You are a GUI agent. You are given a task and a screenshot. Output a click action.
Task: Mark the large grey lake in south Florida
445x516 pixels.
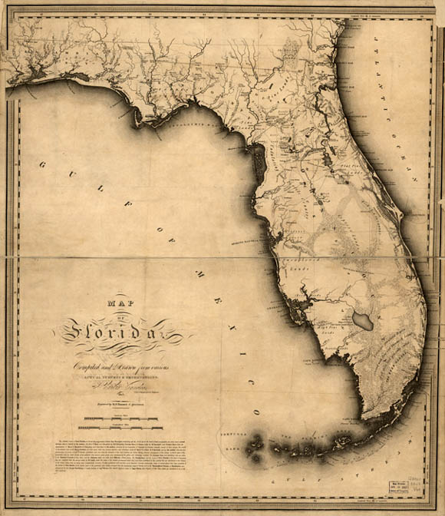coord(361,322)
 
